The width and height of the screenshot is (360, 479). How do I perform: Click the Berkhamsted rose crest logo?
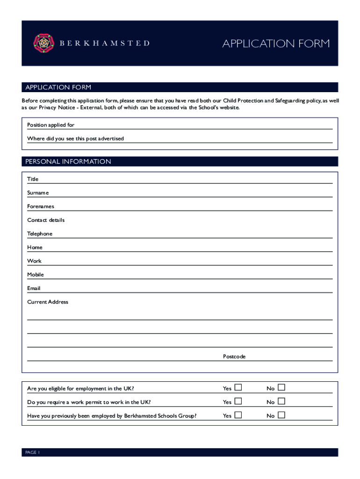pyautogui.click(x=44, y=43)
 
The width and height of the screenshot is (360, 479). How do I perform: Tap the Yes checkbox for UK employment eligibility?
pyautogui.click(x=238, y=388)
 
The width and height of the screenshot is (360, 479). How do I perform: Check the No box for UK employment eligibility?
pyautogui.click(x=281, y=388)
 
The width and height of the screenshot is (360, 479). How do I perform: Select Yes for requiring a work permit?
pyautogui.click(x=238, y=401)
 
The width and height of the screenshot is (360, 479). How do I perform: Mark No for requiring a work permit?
pyautogui.click(x=281, y=401)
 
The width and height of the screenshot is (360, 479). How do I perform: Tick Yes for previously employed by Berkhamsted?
pyautogui.click(x=238, y=415)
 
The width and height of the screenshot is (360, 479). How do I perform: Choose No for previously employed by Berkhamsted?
pyautogui.click(x=281, y=415)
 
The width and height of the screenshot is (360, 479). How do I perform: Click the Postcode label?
pyautogui.click(x=234, y=357)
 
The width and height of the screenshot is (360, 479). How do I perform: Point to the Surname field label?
pyautogui.click(x=38, y=193)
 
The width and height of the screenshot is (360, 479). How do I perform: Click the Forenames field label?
pyautogui.click(x=41, y=206)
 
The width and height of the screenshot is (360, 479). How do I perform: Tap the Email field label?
pyautogui.click(x=34, y=288)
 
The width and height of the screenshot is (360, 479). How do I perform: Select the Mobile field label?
pyautogui.click(x=36, y=275)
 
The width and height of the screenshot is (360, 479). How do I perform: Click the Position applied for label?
pyautogui.click(x=50, y=125)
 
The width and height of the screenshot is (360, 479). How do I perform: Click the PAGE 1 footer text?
pyautogui.click(x=33, y=452)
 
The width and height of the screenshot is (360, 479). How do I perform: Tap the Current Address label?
pyautogui.click(x=48, y=302)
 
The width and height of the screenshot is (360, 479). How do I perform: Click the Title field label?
pyautogui.click(x=33, y=179)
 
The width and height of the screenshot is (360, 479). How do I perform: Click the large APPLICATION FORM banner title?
pyautogui.click(x=276, y=44)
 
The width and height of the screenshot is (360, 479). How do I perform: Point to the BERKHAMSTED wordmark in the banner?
pyautogui.click(x=105, y=43)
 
